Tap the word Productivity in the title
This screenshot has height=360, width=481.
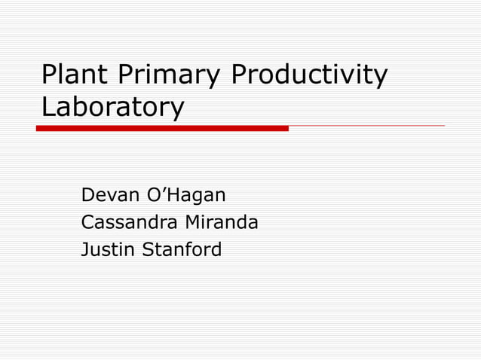tap(309, 75)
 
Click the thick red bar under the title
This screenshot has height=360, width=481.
tap(162, 128)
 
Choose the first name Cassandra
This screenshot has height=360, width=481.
tap(124, 222)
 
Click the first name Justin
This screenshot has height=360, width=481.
tap(105, 249)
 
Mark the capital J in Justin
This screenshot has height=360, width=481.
tap(85, 249)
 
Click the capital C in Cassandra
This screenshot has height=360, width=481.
tap(87, 222)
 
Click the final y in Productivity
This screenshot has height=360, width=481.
tap(381, 78)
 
